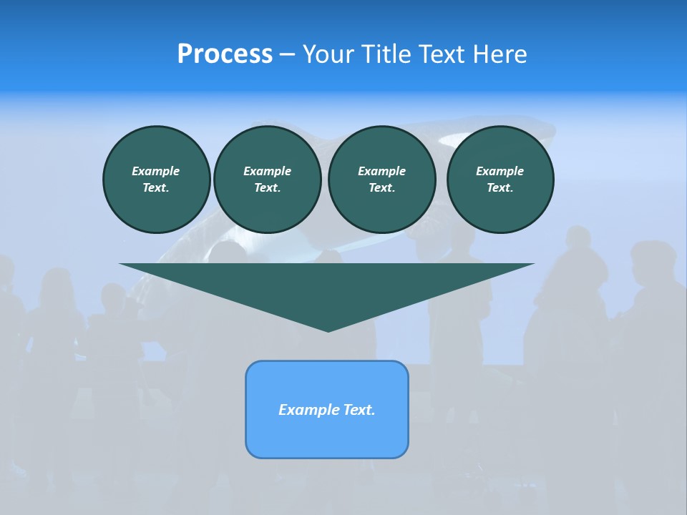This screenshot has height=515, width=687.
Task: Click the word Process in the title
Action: click(225, 54)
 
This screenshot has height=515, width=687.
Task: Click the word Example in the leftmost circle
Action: click(156, 171)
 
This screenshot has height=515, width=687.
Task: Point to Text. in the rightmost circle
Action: click(500, 187)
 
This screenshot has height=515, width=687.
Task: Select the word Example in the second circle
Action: click(267, 171)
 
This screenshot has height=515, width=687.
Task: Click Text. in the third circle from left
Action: click(381, 187)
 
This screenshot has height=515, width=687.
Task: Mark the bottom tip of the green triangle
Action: click(328, 330)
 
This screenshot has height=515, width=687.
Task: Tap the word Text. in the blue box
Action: click(360, 410)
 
